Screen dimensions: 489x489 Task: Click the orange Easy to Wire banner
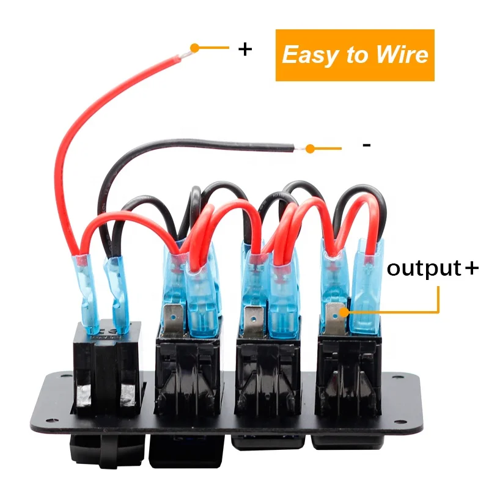tap(355, 55)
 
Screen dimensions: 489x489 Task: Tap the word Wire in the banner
tap(401, 55)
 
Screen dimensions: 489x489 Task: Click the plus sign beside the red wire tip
tap(244, 49)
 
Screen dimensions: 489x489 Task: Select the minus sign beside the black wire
tap(366, 145)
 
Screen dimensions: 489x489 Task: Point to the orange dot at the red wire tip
tap(194, 47)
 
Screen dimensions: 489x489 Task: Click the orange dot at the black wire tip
tap(311, 148)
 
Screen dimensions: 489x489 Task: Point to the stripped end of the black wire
tap(298, 147)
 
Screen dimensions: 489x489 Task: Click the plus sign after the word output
tap(471, 268)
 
